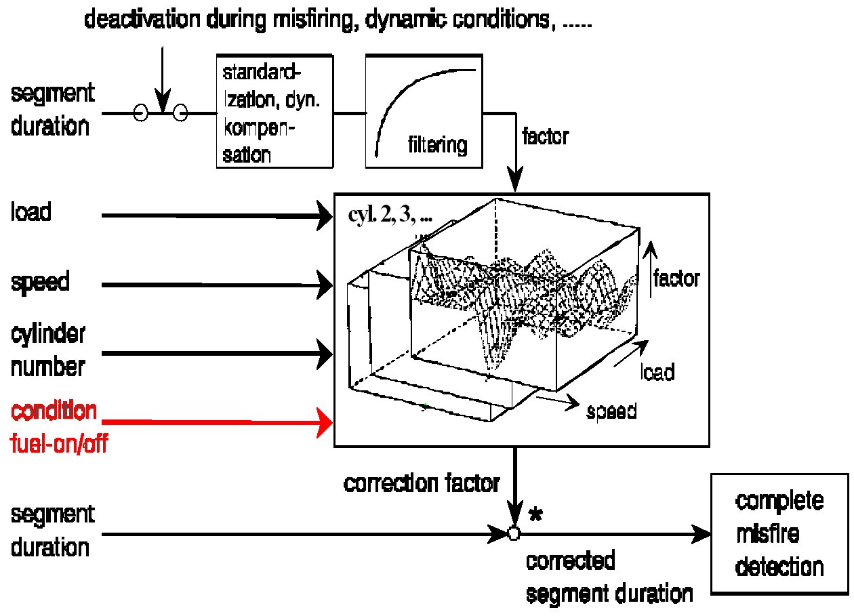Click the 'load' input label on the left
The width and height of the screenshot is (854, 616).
[31, 213]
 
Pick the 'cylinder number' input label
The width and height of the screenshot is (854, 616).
[48, 350]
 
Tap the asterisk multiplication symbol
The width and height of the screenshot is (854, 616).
[535, 516]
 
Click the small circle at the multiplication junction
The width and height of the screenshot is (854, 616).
[514, 534]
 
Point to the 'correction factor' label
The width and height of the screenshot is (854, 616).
[422, 484]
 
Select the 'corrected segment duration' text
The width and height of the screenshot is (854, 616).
[609, 577]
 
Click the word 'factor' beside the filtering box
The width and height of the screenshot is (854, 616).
[546, 136]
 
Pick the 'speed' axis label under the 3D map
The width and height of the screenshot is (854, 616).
[611, 411]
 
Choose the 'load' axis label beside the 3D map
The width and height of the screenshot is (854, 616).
[657, 372]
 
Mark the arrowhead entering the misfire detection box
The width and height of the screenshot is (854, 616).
[701, 534]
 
